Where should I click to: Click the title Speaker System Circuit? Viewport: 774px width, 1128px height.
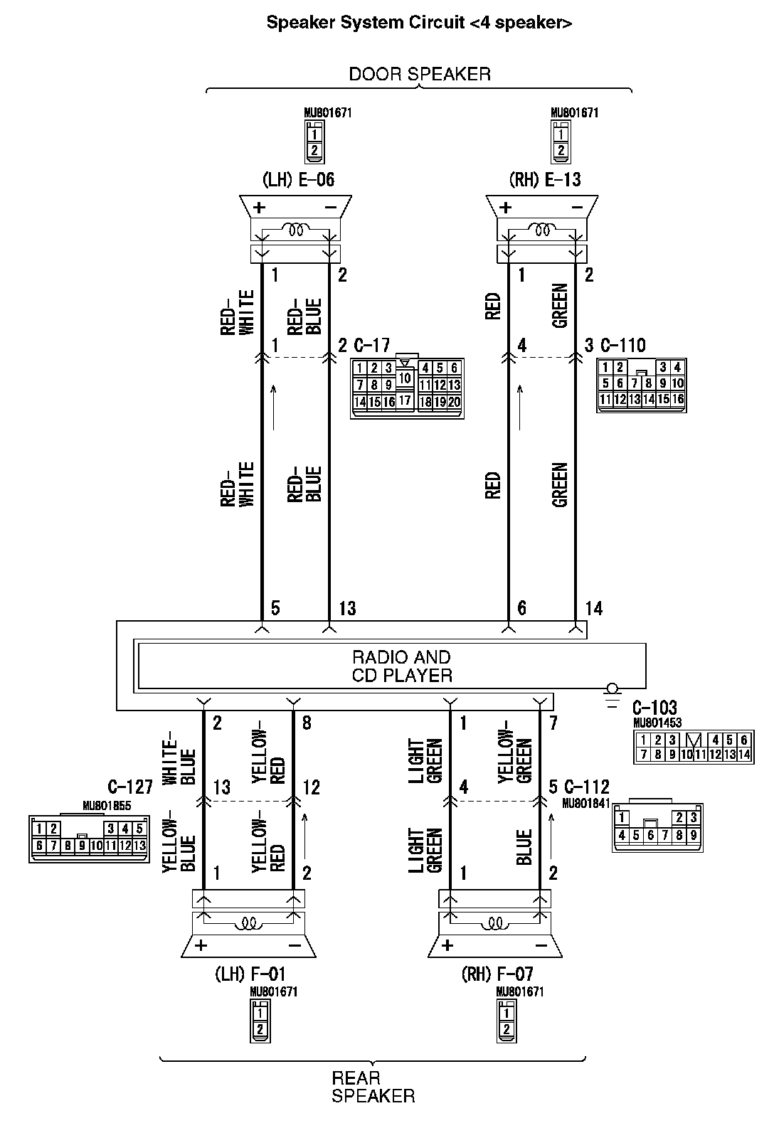coord(419,23)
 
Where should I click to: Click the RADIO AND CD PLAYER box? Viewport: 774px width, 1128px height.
coord(402,666)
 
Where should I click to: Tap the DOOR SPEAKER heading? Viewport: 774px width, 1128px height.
coord(419,74)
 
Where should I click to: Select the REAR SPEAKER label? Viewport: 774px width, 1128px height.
coord(373,1087)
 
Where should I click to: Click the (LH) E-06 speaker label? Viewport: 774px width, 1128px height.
coord(298,179)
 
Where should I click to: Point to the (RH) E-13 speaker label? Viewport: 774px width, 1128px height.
coord(545,179)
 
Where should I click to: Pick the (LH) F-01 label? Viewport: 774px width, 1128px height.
coord(250,973)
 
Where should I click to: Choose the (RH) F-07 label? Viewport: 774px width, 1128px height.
coord(497,973)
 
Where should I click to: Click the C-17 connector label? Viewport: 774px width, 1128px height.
coord(372,346)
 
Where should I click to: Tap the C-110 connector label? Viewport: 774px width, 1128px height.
coord(623,346)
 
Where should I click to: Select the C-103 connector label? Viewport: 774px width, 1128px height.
coord(654,708)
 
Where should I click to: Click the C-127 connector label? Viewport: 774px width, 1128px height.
coord(130,787)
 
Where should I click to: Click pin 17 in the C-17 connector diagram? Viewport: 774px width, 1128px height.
coord(405,400)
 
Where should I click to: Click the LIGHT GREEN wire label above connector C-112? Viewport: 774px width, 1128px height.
coord(425,761)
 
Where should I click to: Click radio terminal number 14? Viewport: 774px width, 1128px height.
coord(593,608)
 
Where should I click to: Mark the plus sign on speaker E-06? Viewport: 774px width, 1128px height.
coord(260,208)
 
